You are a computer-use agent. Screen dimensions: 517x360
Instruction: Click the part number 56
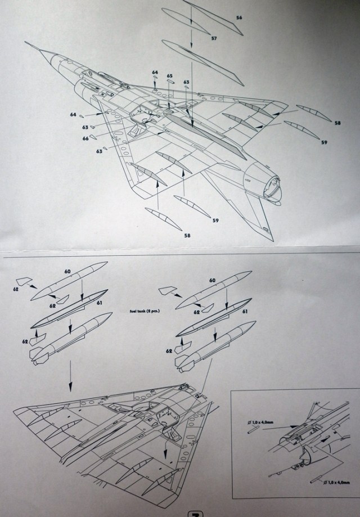(x=239, y=18)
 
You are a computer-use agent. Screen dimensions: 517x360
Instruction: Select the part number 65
(x=169, y=75)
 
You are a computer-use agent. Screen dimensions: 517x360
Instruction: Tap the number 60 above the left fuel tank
(x=67, y=272)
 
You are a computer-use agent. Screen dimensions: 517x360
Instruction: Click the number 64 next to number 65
(x=155, y=73)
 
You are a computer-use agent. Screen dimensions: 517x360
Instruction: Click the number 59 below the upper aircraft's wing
(x=215, y=221)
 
